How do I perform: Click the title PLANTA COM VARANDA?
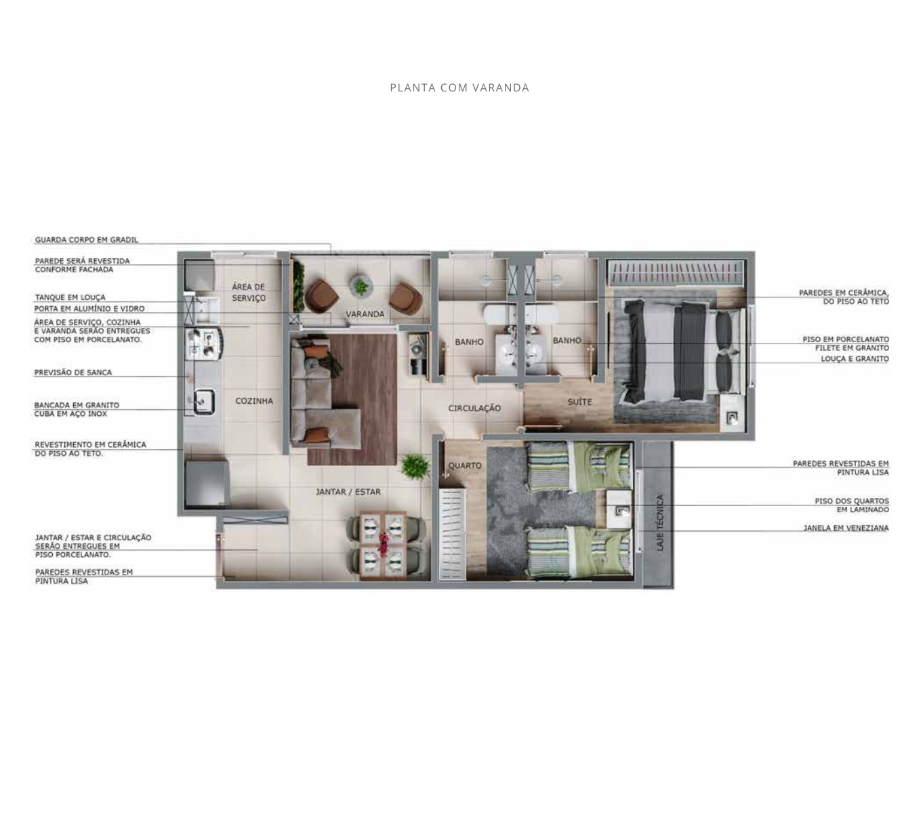coord(459,87)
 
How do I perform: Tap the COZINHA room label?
coord(254,401)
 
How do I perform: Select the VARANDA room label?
coord(365,314)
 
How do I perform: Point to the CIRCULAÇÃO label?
coord(474,408)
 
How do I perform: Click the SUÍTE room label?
coord(579,402)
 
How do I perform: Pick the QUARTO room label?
coord(465,465)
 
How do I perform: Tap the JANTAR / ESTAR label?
coord(348,492)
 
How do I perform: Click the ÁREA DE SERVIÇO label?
coord(248,293)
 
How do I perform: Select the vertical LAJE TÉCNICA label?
coord(659,523)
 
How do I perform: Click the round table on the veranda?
coord(361,286)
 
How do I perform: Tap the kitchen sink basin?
coord(205,402)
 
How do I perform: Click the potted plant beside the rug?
coord(415,466)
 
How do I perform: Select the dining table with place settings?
coord(382,545)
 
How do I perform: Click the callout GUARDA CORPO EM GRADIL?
coord(87,240)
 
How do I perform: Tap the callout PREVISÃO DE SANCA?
coord(73,372)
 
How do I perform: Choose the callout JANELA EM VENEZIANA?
coord(846,528)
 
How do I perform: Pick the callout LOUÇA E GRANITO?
coord(855,359)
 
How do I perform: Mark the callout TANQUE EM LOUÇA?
coord(70,297)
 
